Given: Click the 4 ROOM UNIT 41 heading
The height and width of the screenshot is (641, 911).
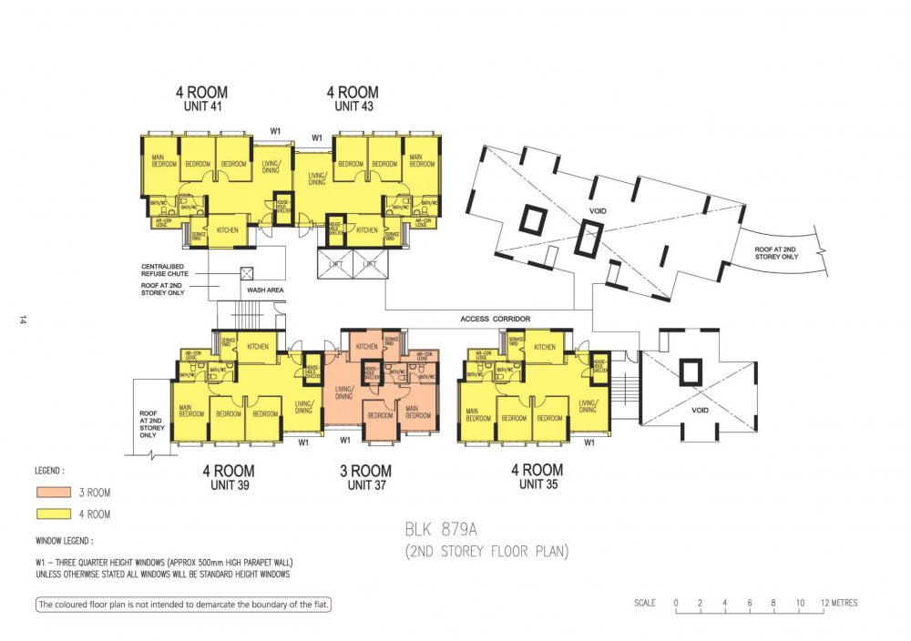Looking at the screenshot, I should (x=201, y=98).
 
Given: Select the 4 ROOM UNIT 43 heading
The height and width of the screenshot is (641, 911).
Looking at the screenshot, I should (x=353, y=98).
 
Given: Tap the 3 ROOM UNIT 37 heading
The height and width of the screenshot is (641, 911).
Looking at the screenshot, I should (x=365, y=477).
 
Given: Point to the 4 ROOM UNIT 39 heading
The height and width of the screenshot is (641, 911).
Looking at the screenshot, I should (x=229, y=477).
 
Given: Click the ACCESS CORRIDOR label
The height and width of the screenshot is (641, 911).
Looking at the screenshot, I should (x=496, y=319).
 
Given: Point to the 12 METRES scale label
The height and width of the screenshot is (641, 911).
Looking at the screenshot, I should (x=838, y=603).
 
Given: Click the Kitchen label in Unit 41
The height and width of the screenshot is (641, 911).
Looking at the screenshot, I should (x=227, y=230).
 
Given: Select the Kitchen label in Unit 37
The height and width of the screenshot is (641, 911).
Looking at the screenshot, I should (x=366, y=347).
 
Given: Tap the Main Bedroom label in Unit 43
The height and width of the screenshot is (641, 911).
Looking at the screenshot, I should (x=421, y=161).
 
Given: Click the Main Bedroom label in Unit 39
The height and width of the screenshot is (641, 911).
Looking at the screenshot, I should (x=191, y=411).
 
